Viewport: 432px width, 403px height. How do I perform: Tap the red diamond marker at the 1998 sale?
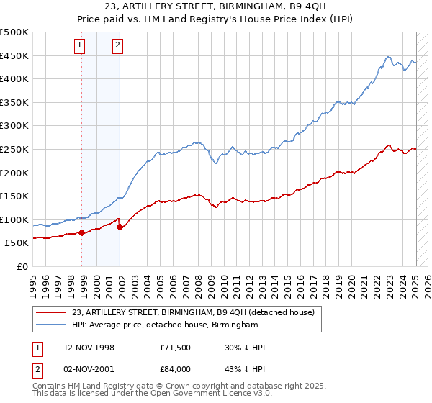82,232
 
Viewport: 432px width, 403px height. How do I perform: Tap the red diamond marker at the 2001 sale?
120,227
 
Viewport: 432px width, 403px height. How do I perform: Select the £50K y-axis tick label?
17,243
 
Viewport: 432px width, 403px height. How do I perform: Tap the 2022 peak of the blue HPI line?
388,57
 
